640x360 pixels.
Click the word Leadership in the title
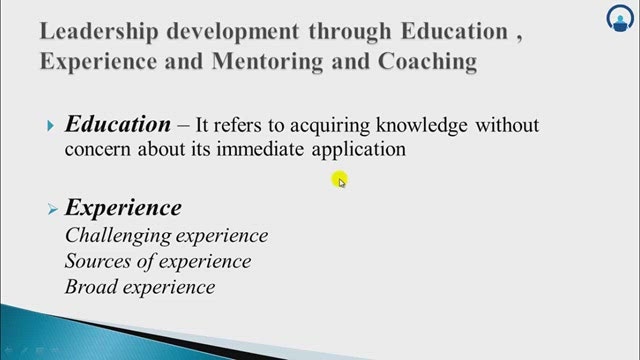pos(99,31)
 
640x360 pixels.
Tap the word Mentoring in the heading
pos(267,62)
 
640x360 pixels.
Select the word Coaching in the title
pos(427,62)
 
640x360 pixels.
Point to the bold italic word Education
pos(118,124)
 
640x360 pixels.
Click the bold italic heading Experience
pos(123,208)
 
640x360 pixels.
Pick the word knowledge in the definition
pos(422,125)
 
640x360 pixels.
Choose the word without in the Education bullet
pos(507,124)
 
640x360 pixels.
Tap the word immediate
pos(260,149)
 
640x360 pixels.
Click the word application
pos(359,150)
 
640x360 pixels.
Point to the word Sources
pos(98,261)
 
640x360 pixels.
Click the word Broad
pos(91,287)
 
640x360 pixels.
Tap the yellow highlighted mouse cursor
pos(340,180)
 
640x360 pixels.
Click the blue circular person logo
pos(620,18)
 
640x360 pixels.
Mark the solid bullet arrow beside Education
pos(51,126)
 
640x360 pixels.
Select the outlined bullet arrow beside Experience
pos(53,209)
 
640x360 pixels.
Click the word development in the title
pos(233,31)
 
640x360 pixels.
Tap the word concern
pos(98,149)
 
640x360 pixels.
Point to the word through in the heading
pos(350,31)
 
